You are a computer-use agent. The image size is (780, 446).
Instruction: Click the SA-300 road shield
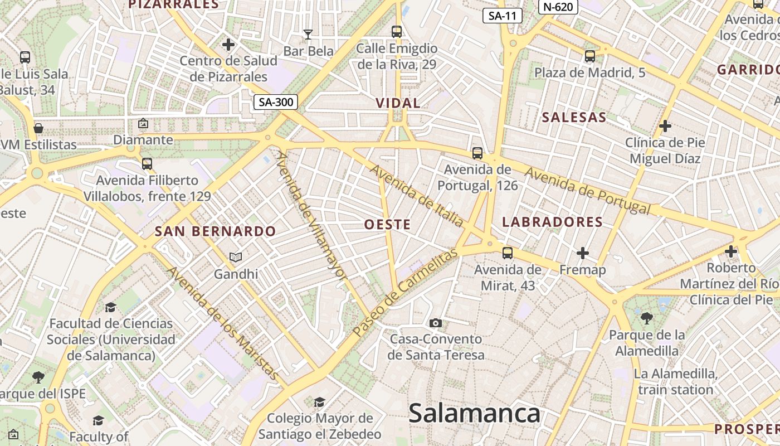click(x=275, y=102)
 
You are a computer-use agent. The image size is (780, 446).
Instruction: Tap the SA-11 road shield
click(x=502, y=16)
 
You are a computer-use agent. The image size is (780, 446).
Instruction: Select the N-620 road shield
click(x=558, y=7)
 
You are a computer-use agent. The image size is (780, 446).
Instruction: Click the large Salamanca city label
click(x=474, y=414)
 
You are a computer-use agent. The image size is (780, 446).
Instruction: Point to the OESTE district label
click(x=387, y=225)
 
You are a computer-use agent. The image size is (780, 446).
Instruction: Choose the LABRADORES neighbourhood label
click(x=552, y=222)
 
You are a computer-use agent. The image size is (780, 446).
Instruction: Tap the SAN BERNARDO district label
click(x=215, y=231)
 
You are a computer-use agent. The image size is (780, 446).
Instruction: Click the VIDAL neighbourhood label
click(x=398, y=103)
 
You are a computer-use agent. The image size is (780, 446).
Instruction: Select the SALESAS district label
click(x=574, y=117)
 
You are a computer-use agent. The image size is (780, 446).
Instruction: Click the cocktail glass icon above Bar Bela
click(x=308, y=35)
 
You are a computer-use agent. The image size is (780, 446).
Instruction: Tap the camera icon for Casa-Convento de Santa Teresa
click(x=436, y=323)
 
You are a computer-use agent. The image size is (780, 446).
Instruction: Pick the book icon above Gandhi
click(x=236, y=257)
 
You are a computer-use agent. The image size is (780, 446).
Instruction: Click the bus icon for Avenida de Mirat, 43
click(x=507, y=253)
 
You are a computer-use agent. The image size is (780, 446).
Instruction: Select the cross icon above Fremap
click(x=583, y=253)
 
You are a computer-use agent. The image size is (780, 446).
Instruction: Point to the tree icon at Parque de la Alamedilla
click(x=646, y=318)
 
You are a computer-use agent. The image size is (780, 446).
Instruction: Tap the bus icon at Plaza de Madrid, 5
click(x=589, y=56)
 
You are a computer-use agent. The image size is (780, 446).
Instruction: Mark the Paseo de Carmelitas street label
click(x=405, y=292)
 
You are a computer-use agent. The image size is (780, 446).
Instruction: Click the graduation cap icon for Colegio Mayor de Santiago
click(x=319, y=402)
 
